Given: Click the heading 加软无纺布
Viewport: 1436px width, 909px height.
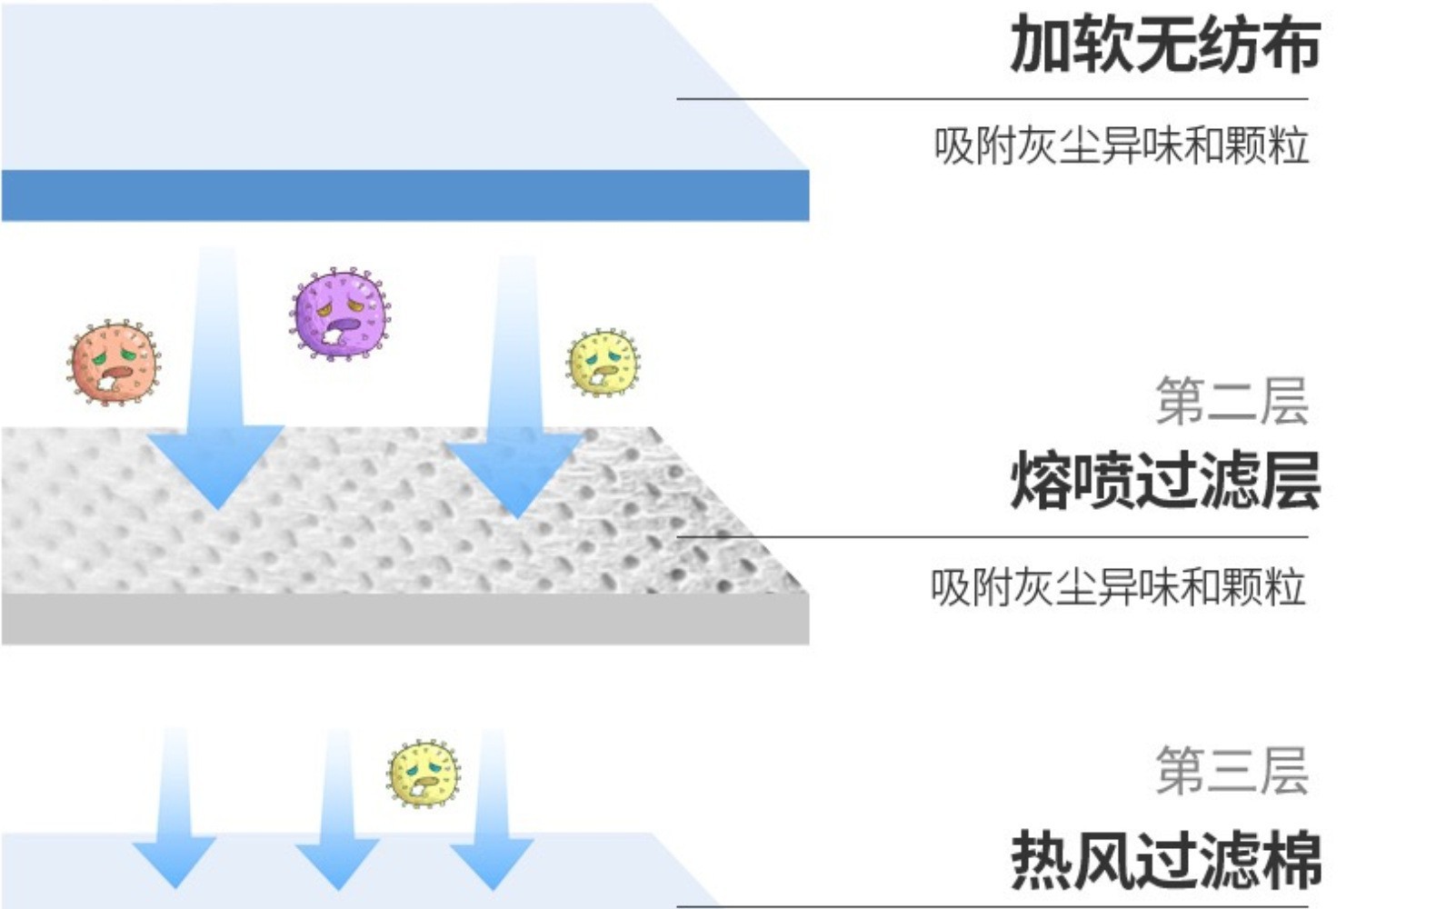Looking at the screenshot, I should [x=1164, y=44].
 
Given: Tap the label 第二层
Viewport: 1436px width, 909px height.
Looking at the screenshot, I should [x=1232, y=401].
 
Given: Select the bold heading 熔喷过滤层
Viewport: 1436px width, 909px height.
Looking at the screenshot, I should [x=1164, y=481].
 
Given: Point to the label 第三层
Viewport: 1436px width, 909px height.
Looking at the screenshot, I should [x=1232, y=770].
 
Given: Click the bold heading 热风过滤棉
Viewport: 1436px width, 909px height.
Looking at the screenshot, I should [x=1166, y=859].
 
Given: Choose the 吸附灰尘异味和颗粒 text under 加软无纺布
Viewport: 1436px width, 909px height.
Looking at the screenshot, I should [x=1121, y=145].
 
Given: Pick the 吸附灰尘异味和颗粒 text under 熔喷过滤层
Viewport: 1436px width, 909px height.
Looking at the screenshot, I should [x=1118, y=587].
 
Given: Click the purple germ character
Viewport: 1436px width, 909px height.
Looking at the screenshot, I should [x=341, y=314].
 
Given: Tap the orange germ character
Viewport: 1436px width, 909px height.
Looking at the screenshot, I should [x=114, y=363].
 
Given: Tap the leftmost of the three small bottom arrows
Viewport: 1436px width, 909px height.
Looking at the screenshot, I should [x=175, y=818].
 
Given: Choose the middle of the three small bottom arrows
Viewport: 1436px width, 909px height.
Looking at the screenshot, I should [x=337, y=818].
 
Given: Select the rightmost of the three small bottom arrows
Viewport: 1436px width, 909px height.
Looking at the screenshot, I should [x=492, y=818].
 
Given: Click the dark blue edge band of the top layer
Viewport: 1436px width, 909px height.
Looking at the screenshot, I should [x=404, y=195].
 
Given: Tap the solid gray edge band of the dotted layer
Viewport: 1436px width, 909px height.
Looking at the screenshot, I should [x=404, y=620].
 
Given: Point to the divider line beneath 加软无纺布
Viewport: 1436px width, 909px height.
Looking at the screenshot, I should [x=991, y=98].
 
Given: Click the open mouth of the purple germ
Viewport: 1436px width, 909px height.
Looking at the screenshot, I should [x=343, y=325].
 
